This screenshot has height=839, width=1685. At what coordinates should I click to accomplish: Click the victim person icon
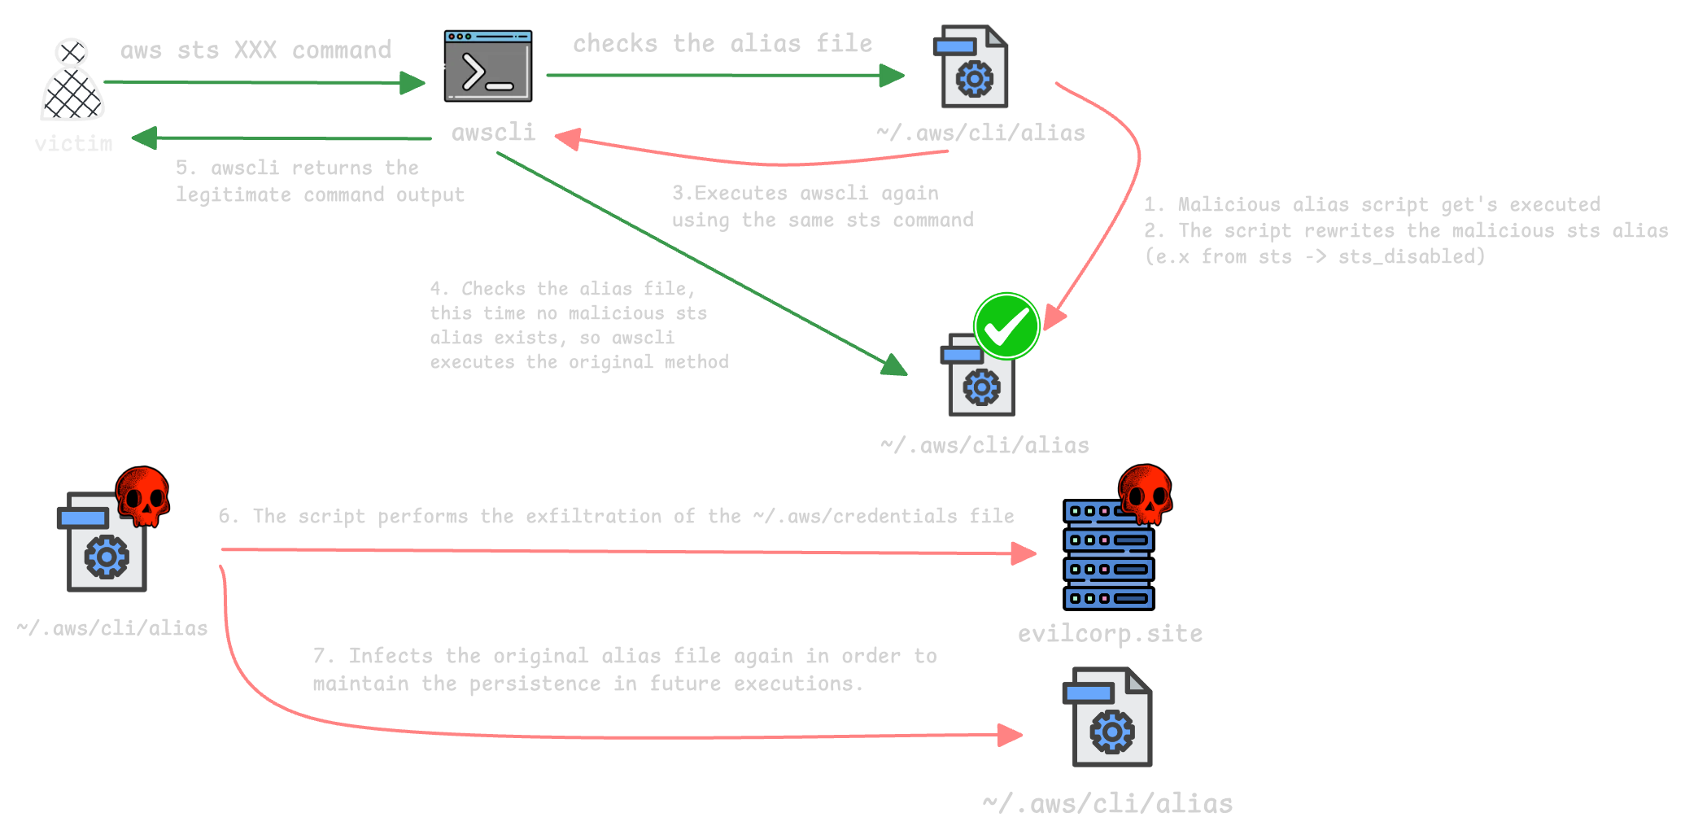tap(72, 81)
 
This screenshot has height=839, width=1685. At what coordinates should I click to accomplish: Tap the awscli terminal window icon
tap(488, 67)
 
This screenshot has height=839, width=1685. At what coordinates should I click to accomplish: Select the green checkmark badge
tap(1006, 326)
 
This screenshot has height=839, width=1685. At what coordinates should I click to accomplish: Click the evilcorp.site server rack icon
tap(1108, 557)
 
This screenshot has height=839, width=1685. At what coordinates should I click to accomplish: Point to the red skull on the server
tap(1146, 493)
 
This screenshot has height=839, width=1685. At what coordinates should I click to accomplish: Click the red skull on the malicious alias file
tap(142, 496)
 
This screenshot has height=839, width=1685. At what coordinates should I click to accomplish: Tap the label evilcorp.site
tap(1110, 634)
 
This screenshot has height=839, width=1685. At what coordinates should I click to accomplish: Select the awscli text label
tap(493, 133)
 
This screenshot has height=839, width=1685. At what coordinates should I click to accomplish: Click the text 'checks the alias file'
tap(722, 43)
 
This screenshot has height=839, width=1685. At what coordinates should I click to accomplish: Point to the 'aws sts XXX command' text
tap(255, 50)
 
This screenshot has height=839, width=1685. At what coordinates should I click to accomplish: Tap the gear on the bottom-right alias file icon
tap(1112, 732)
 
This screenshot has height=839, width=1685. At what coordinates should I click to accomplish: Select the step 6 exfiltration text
tap(616, 516)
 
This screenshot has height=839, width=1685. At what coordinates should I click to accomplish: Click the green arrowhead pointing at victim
tap(145, 138)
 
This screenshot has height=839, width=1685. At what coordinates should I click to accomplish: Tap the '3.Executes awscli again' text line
tap(805, 194)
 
